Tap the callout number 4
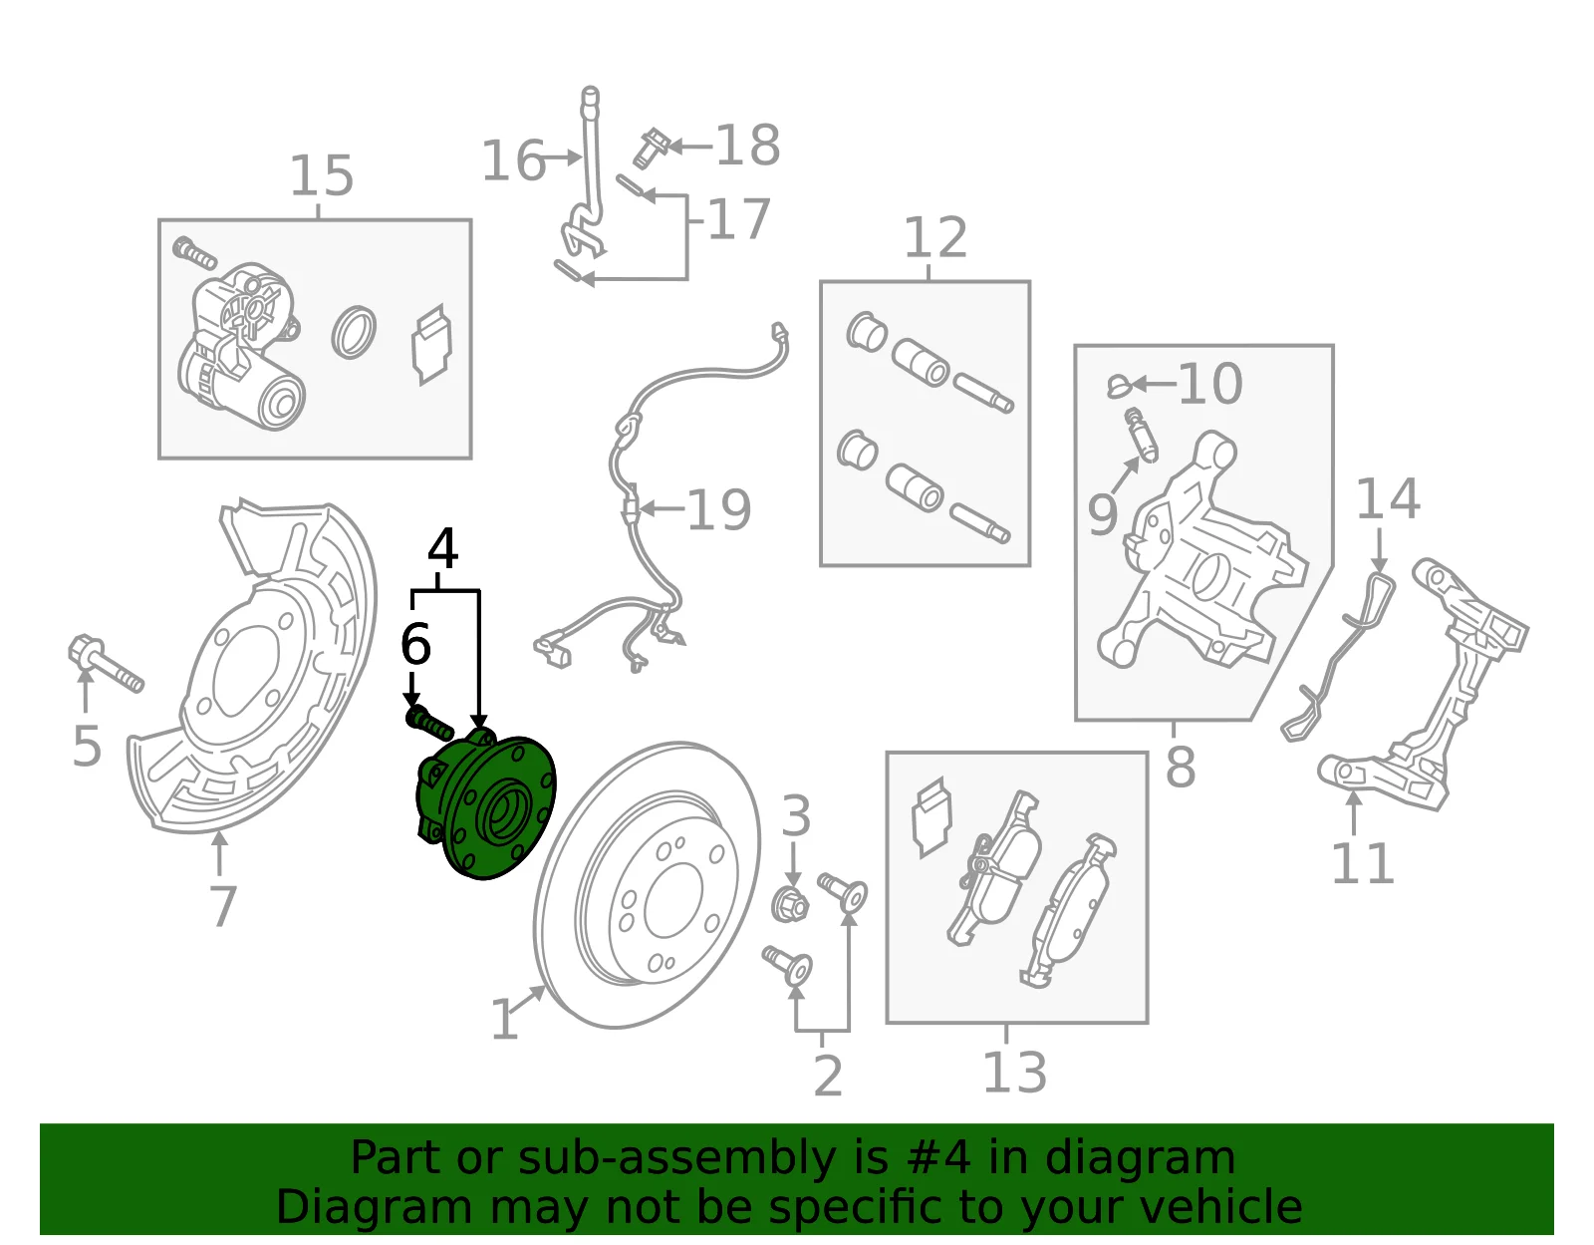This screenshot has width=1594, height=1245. coord(443,549)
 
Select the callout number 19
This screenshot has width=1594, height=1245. coord(719,510)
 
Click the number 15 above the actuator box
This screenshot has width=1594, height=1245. coord(322,176)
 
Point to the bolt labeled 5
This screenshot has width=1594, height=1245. coord(106,663)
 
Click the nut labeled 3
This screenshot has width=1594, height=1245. coord(790,904)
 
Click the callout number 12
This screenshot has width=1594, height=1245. coord(935,237)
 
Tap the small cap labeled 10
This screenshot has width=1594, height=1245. coord(1120,385)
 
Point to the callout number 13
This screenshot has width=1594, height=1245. coord(1014,1073)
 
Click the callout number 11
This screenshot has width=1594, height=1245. coord(1362,863)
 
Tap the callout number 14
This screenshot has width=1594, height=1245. coord(1388,499)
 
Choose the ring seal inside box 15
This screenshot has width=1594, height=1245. coord(354,332)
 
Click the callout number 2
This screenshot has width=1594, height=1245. coord(828,1077)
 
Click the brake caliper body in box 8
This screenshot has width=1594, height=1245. coord(1203,557)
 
